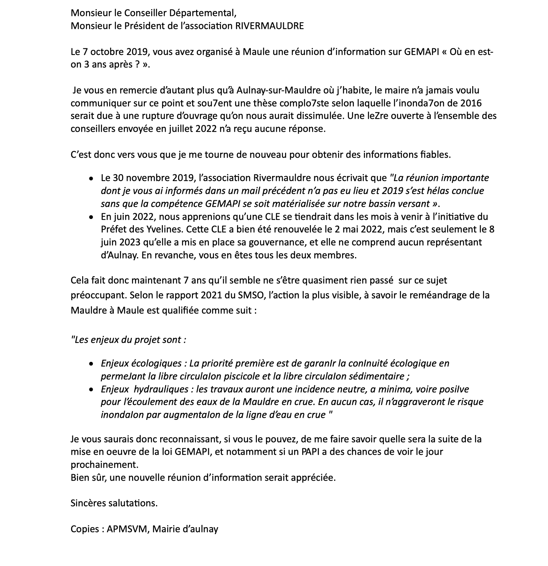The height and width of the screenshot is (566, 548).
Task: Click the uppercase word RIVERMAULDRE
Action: coord(270,26)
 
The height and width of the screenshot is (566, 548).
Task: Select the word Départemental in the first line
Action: coord(204,13)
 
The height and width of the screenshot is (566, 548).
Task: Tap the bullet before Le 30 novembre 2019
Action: coord(91,178)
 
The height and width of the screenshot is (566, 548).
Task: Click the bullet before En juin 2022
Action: coord(91,217)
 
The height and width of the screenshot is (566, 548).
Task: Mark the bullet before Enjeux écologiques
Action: coord(91,364)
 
